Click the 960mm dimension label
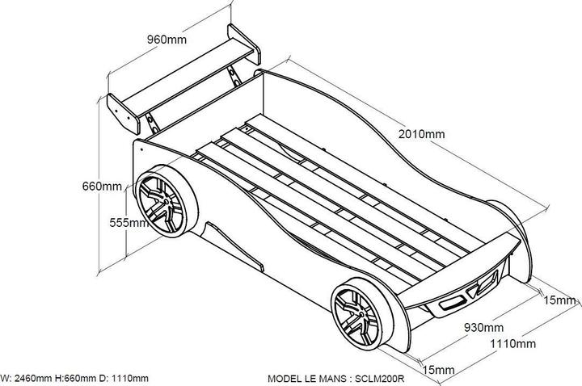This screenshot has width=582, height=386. tap(167, 39)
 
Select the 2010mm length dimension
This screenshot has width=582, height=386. tap(421, 134)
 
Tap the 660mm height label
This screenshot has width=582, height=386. tap(102, 186)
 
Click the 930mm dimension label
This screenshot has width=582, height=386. tap(483, 327)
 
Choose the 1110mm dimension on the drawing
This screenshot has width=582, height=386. tap(512, 344)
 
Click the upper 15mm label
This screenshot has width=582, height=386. tap(559, 300)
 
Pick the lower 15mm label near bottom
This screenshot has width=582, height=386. tap(438, 370)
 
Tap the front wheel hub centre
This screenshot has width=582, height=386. tap(359, 316)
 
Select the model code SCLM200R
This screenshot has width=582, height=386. tap(379, 379)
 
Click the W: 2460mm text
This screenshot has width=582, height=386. tap(26, 378)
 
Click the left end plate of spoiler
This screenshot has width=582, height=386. tap(123, 113)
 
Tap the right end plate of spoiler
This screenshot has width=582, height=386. tap(244, 44)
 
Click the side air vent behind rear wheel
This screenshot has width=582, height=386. tap(235, 245)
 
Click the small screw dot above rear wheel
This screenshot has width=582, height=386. tap(141, 150)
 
